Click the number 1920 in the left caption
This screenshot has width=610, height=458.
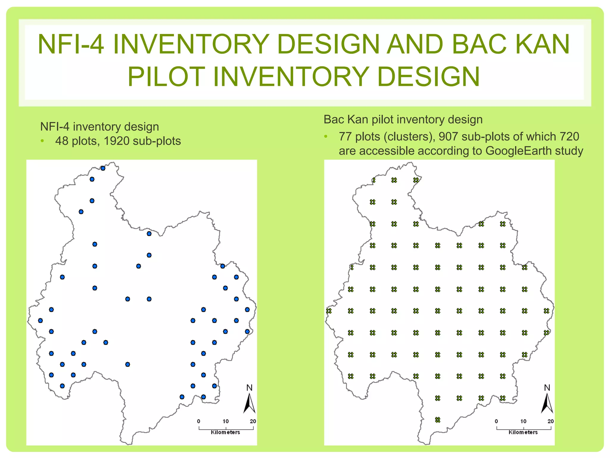tap(116, 141)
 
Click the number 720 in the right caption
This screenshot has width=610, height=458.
tap(569, 137)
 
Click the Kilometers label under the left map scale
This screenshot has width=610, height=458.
tap(225, 432)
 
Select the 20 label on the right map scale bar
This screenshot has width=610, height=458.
tap(550, 421)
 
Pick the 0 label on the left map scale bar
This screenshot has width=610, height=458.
tap(199, 421)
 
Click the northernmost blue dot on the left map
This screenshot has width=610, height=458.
tap(103, 168)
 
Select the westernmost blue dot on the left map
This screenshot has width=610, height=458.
tap(41, 321)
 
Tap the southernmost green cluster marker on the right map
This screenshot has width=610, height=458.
tap(438, 420)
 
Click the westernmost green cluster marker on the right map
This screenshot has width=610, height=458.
tap(329, 311)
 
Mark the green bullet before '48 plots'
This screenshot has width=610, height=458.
tap(43, 141)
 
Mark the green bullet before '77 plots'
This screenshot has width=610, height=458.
tap(326, 137)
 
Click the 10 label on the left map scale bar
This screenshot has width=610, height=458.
tap(225, 421)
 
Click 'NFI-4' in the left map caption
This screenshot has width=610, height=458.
tap(55, 127)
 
